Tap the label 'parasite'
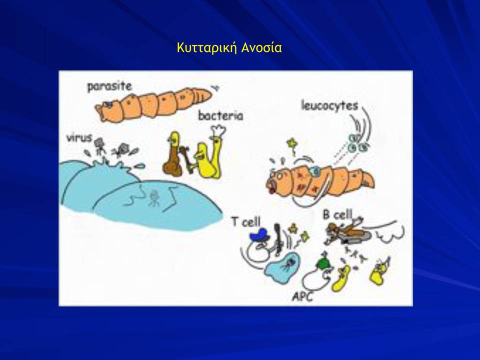(109, 86)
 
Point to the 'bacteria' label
(220, 115)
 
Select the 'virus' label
(79, 138)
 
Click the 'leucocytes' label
(329, 105)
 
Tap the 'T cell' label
(246, 221)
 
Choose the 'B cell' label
(337, 214)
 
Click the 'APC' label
(302, 296)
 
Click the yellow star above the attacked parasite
(291, 143)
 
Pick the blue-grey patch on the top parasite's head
(108, 104)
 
